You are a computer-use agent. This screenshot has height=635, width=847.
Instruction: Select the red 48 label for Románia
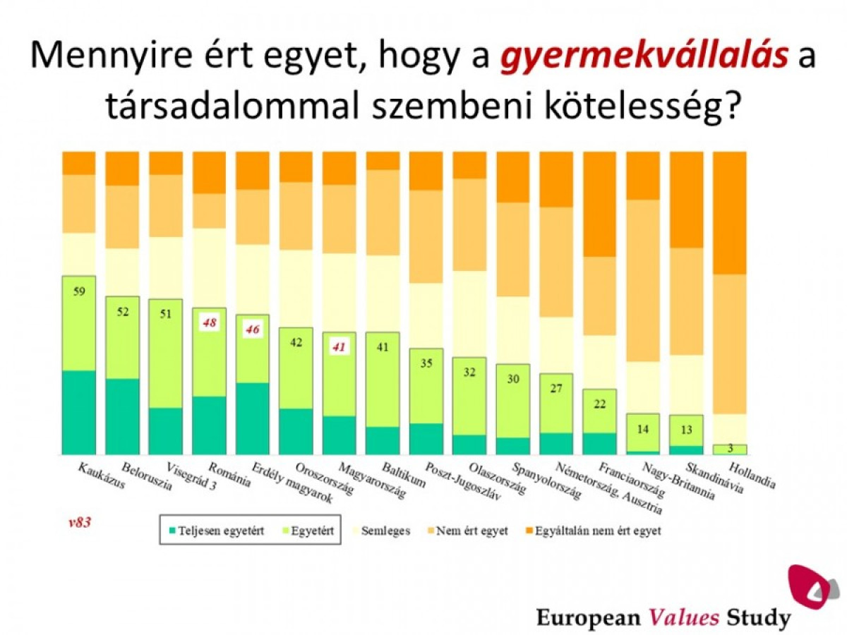[210, 323]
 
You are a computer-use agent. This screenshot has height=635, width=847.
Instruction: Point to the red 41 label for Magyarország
[340, 347]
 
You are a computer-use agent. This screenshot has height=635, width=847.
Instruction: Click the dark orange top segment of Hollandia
[731, 212]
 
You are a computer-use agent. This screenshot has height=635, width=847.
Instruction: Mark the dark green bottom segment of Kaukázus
[79, 412]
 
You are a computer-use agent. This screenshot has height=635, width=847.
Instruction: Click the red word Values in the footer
[684, 618]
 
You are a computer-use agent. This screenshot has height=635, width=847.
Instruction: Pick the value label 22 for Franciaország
[601, 404]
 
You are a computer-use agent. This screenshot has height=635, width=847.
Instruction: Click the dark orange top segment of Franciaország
[601, 204]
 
